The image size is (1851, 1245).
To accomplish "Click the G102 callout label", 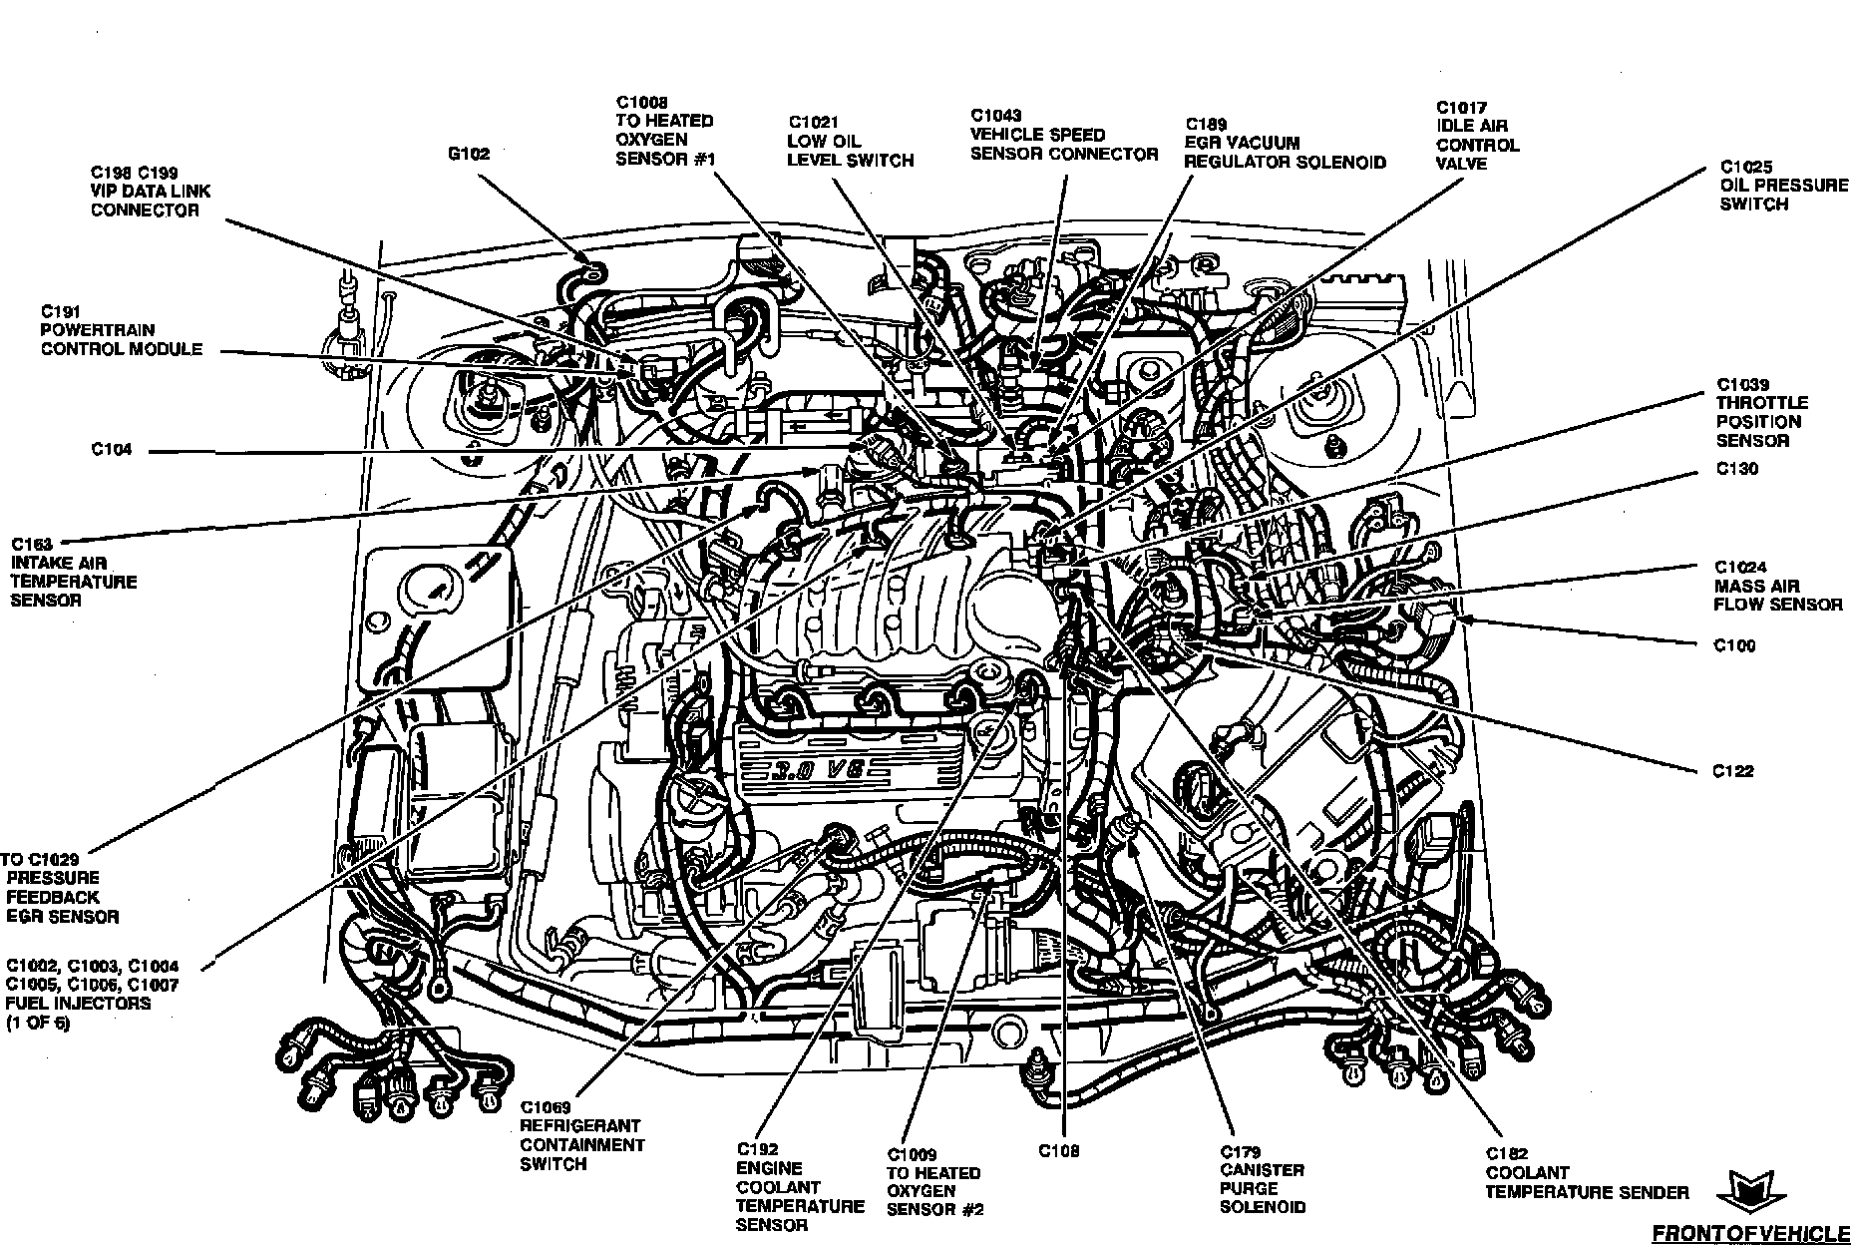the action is [470, 155].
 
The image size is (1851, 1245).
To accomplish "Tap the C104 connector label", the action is [112, 450].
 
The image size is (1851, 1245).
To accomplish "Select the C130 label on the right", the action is [1737, 469].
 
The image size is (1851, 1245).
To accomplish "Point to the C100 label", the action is [1735, 645].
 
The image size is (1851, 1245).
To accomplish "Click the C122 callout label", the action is [1733, 771].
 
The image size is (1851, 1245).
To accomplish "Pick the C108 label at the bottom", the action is [1060, 1150].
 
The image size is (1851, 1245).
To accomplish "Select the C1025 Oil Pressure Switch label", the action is [1784, 186].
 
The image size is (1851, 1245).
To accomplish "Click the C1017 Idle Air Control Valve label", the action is [1478, 136].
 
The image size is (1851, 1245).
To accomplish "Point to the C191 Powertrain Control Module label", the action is [122, 330].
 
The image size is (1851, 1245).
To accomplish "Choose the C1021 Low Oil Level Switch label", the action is [850, 142].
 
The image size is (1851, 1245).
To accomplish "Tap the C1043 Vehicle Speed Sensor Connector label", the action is [1064, 135].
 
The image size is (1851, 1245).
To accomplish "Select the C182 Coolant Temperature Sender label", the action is [1588, 1173].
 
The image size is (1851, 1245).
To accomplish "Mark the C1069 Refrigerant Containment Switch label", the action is [582, 1135].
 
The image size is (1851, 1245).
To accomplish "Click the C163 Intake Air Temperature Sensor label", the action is [74, 573].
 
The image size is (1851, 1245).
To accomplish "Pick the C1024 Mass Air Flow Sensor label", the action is [1778, 586].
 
